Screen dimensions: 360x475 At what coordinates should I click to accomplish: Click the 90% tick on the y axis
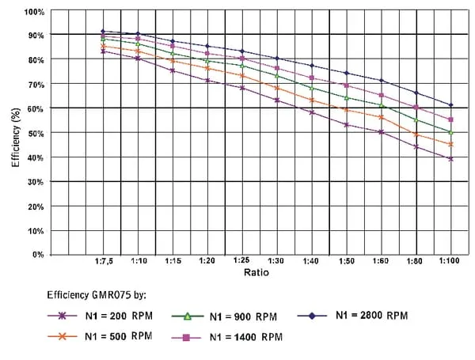tap(35, 36)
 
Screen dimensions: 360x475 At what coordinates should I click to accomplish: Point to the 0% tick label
tap(37, 255)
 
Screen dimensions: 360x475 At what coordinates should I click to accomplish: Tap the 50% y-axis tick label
tap(35, 133)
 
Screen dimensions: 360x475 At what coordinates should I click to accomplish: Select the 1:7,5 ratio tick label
tap(103, 260)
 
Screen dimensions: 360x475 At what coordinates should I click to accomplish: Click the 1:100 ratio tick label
tap(450, 260)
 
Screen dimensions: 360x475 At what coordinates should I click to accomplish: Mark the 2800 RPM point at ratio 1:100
tap(450, 105)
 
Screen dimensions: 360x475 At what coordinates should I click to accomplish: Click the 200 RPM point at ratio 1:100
tap(450, 159)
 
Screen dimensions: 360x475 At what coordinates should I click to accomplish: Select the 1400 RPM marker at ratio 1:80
tap(416, 108)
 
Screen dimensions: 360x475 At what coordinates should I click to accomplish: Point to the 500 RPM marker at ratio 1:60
tap(381, 117)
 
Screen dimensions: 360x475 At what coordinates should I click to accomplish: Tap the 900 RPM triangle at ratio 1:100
tap(450, 132)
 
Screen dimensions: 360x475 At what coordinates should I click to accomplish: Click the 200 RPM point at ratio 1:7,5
tap(103, 51)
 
